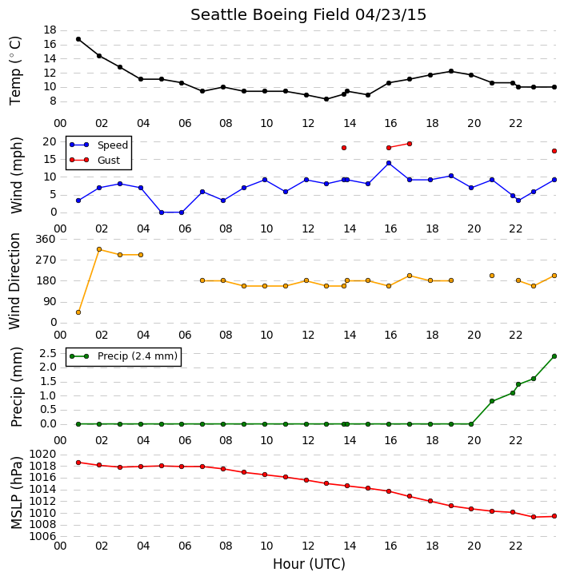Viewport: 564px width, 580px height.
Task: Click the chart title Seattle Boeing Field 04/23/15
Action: pos(308,15)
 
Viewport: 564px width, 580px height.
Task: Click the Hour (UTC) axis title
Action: pos(309,564)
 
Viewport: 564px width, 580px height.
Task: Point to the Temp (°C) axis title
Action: pos(15,70)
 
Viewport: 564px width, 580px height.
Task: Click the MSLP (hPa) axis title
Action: pos(16,493)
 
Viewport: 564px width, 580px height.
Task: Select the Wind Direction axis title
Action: pos(14,281)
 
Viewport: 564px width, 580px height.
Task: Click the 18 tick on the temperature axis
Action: pos(50,30)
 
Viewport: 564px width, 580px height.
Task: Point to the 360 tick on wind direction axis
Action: pos(45,239)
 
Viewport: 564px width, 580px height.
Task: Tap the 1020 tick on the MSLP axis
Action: pos(42,455)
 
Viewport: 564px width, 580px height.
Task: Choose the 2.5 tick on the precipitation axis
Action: pos(48,353)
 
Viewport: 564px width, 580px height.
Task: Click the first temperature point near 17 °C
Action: pos(78,39)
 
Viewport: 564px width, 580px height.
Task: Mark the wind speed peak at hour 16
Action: pos(389,163)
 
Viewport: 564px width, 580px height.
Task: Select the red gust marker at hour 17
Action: pos(410,144)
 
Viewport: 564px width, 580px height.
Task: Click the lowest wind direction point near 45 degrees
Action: pos(78,312)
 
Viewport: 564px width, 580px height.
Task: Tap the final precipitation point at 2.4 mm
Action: pos(554,356)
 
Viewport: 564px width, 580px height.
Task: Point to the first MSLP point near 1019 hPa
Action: pos(78,463)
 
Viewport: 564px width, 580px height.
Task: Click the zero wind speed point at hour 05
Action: pos(162,213)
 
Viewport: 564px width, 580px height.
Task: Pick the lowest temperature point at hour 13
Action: pos(326,99)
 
